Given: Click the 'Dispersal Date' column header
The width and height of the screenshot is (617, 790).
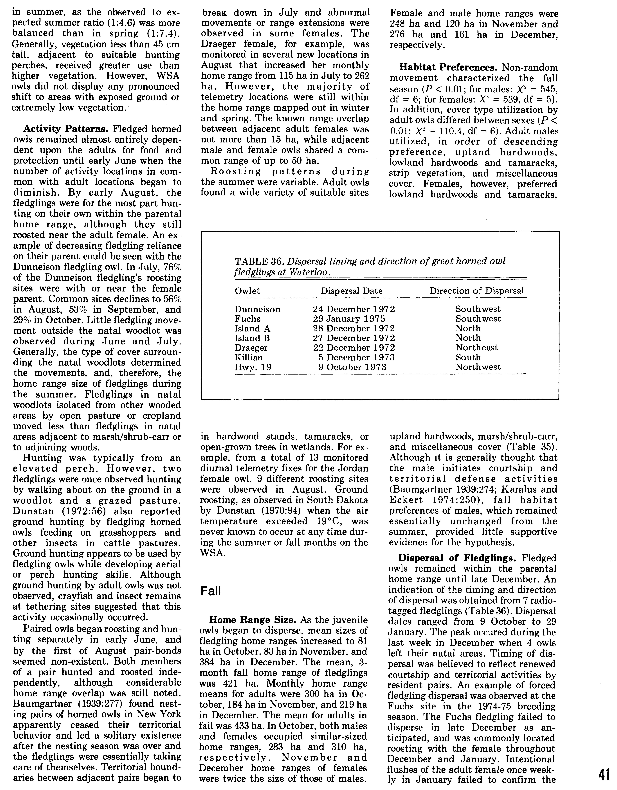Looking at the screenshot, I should [351, 291].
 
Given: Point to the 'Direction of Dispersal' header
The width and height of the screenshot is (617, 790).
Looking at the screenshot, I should [477, 291].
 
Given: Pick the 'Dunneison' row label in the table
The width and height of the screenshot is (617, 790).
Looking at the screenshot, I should [257, 309].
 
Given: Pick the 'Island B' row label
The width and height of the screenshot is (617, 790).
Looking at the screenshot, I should [252, 338].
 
